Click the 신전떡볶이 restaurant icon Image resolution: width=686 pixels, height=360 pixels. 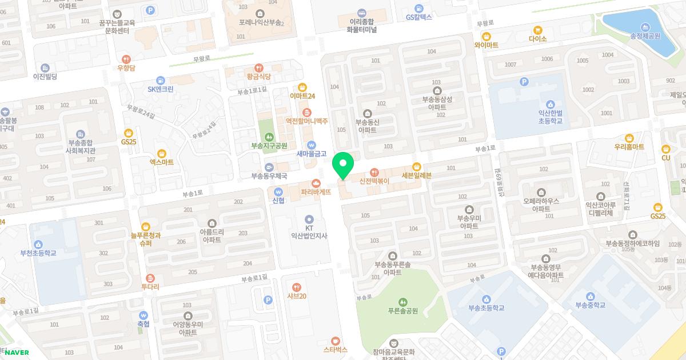pyautogui.click(x=374, y=172)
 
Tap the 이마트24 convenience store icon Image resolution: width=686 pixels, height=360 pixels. pyautogui.click(x=302, y=87)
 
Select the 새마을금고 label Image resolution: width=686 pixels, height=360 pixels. pyautogui.click(x=311, y=154)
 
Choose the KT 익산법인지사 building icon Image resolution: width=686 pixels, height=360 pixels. pyautogui.click(x=309, y=219)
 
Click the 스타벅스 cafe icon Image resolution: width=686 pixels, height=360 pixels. pyautogui.click(x=336, y=340)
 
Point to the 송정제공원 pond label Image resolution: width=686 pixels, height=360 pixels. pyautogui.click(x=645, y=35)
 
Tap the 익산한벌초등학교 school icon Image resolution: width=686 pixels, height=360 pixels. pyautogui.click(x=550, y=105)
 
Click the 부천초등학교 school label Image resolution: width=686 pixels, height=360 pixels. pyautogui.click(x=38, y=253)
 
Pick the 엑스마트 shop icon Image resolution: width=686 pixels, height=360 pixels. pyautogui.click(x=162, y=153)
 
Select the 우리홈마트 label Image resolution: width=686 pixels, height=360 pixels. pyautogui.click(x=629, y=147)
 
